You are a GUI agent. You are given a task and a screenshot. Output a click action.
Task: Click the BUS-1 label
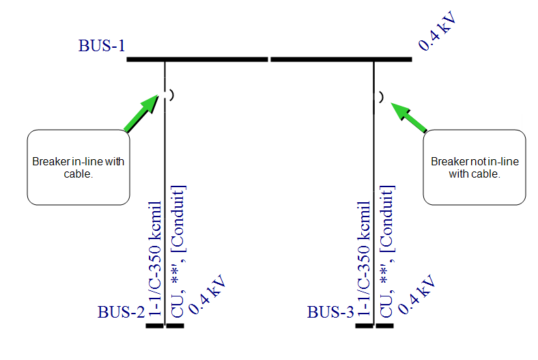102,46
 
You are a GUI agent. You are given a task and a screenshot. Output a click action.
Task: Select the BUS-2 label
122,313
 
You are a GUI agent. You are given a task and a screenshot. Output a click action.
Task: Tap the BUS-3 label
330,313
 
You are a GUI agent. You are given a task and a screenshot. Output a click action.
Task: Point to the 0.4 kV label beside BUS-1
437,31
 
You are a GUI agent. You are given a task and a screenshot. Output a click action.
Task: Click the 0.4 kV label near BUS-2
206,295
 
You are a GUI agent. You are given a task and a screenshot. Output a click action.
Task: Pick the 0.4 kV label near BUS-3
416,295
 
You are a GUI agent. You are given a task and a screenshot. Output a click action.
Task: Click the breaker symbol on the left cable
169,95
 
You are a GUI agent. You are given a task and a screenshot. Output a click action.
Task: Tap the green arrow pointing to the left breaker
142,113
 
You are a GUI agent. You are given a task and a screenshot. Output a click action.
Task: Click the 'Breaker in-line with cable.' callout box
79,167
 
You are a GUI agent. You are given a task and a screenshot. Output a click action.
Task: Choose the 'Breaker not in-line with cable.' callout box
475,167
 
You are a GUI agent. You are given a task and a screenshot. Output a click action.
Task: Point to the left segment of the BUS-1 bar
197,59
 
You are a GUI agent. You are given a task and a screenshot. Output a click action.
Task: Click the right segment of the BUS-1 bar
341,59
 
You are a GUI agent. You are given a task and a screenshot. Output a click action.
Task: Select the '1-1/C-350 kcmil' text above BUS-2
155,260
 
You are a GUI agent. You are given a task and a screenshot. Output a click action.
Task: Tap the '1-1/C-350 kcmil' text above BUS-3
365,260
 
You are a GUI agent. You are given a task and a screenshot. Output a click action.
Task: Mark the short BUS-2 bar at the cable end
165,326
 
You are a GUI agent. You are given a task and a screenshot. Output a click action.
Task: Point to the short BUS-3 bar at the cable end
374,326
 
